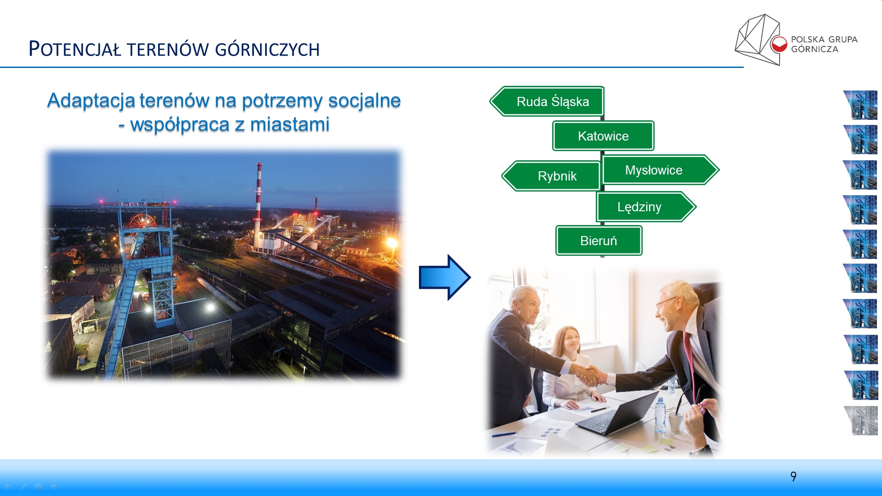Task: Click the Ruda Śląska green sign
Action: click(547, 101)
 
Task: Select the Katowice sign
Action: click(603, 136)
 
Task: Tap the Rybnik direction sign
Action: click(551, 176)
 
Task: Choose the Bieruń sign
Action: click(599, 241)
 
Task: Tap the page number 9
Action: click(793, 476)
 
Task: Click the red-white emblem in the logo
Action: click(779, 44)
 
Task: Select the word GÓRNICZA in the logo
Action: click(814, 49)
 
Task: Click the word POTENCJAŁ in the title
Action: click(75, 49)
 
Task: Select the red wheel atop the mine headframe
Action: click(142, 221)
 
